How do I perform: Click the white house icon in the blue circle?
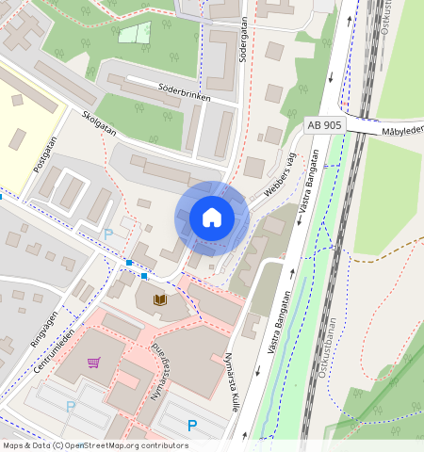(212, 218)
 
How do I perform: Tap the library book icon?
(160, 299)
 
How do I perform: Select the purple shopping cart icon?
(93, 362)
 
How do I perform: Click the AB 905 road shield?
(324, 124)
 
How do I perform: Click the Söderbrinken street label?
(183, 91)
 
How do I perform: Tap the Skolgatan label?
(99, 124)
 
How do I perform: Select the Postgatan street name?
(45, 153)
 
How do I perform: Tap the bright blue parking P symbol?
(192, 426)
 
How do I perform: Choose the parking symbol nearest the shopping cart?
(70, 407)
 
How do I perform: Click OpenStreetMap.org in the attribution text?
(106, 445)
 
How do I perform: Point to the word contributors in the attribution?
(163, 445)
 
